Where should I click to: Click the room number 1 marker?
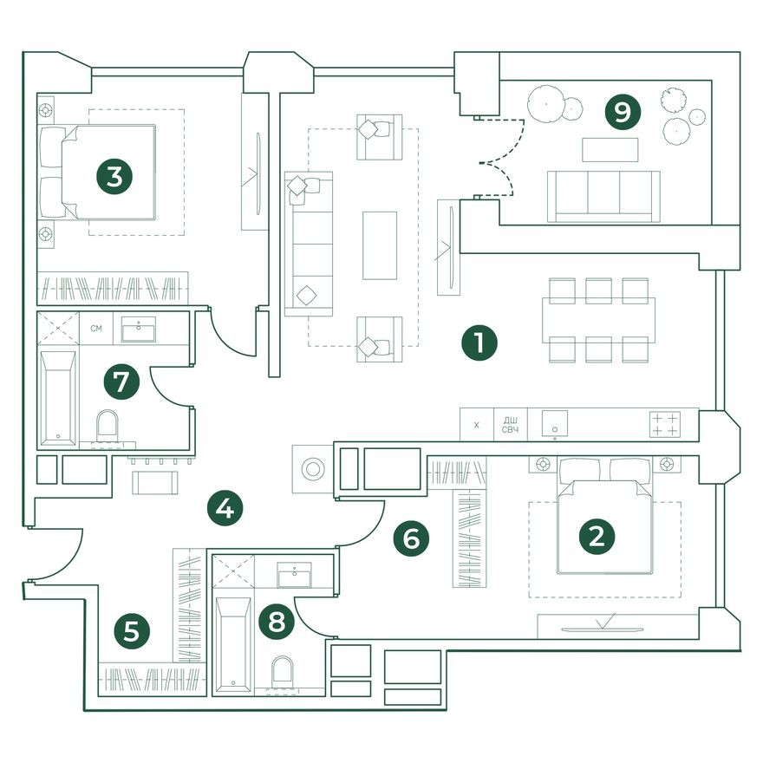[x=479, y=343]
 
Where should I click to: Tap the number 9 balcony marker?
[x=623, y=113]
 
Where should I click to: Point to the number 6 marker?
[x=411, y=538]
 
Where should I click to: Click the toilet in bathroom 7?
[x=107, y=426]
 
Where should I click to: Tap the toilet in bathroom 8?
[x=283, y=672]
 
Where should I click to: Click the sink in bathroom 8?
[x=295, y=575]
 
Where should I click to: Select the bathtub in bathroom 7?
[x=58, y=398]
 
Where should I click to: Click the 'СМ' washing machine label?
[x=96, y=329]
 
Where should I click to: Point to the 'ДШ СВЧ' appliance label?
[x=510, y=425]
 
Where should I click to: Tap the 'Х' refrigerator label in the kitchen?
[x=476, y=426]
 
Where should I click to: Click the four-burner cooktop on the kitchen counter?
[x=665, y=424]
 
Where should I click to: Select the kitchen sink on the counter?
[x=555, y=424]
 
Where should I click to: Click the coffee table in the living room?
[x=380, y=245]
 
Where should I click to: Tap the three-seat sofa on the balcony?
[x=603, y=197]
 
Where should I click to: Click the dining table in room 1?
[x=598, y=320]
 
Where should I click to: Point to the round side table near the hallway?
[x=313, y=469]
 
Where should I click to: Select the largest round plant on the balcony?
[x=546, y=103]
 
